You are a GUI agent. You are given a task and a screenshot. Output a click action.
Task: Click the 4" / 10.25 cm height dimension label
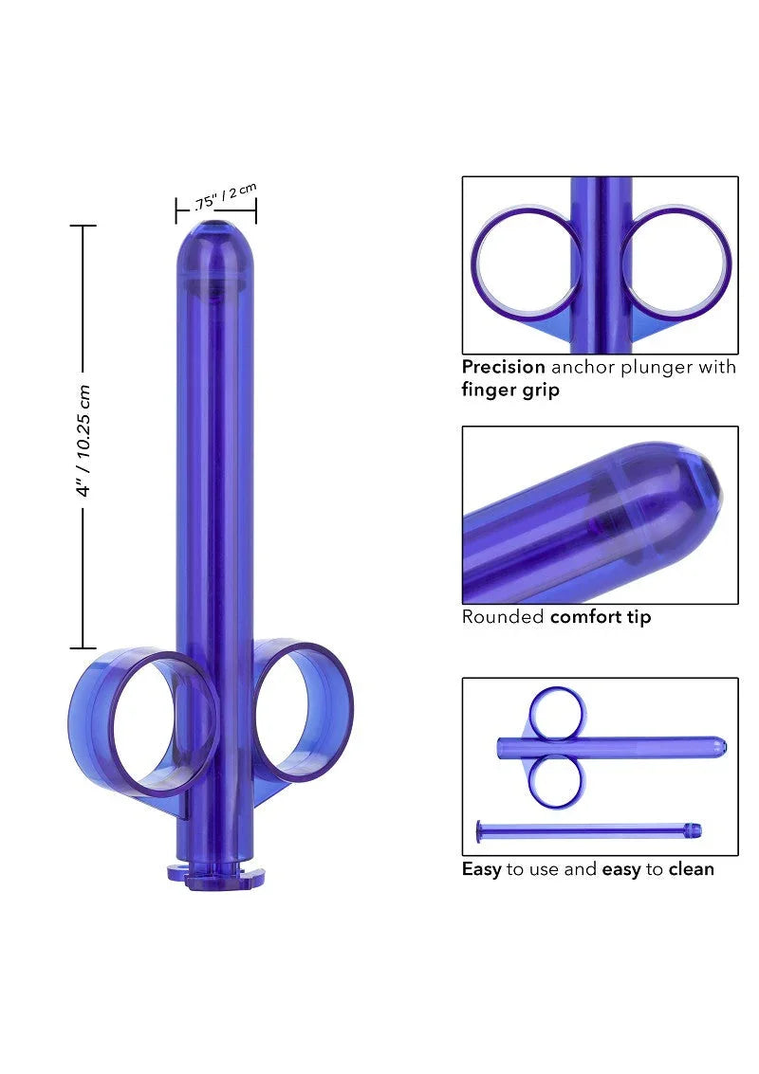tap(83, 441)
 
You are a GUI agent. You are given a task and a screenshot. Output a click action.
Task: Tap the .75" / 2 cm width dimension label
tap(224, 196)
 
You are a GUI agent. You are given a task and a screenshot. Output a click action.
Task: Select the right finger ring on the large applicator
tap(303, 711)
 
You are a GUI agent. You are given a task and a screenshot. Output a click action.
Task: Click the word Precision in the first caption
tap(503, 367)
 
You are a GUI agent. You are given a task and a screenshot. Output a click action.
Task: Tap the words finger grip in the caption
tap(510, 390)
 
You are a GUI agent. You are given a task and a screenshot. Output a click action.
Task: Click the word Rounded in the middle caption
tap(503, 617)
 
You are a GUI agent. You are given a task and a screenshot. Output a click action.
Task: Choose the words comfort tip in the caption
tap(601, 617)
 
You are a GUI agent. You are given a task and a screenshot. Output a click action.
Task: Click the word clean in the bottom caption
tap(691, 868)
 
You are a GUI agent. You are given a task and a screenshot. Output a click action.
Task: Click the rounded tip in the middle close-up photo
tap(697, 493)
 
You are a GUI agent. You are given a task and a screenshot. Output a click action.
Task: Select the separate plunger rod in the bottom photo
tap(588, 832)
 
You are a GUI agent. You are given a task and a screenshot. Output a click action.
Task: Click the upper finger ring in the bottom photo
tap(557, 714)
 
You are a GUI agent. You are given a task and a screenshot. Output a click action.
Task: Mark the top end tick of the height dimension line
tap(83, 226)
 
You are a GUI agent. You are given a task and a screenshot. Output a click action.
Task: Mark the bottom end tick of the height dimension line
tap(83, 648)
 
